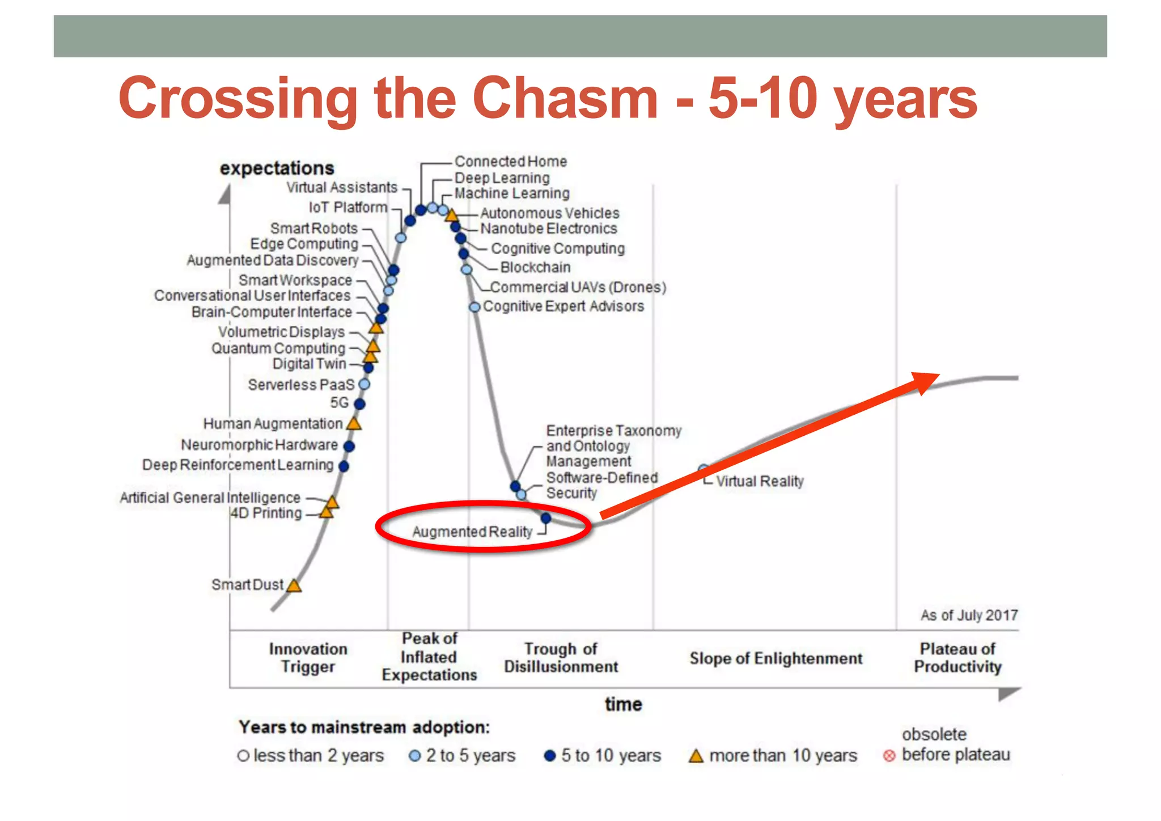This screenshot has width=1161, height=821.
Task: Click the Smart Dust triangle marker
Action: coord(294,586)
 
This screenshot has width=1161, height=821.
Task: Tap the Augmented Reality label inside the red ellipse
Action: coord(472,532)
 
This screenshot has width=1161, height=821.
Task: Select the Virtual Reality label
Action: coord(760,481)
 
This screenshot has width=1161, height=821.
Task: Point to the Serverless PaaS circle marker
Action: coord(365,384)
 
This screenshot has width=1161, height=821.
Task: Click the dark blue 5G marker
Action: coord(359,403)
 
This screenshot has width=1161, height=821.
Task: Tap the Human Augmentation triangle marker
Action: coord(354,424)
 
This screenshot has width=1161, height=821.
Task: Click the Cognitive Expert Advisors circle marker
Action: coord(474,307)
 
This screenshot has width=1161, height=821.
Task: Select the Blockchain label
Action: coord(535,267)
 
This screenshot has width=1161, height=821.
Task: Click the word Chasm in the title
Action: coord(565,99)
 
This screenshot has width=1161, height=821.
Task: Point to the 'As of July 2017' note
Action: coord(969,615)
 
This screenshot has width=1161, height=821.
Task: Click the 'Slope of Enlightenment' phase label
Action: coord(776,658)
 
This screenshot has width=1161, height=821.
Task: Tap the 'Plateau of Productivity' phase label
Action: coord(957,658)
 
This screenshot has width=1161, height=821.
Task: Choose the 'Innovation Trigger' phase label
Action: coord(308,658)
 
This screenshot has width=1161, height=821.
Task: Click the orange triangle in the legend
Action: coord(696,756)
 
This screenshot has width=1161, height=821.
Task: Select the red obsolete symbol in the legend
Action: coord(889,756)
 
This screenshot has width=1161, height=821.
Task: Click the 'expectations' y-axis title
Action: coord(277,168)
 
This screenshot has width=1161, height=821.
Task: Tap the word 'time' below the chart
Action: coord(623,704)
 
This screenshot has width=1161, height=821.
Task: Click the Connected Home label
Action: coord(510,162)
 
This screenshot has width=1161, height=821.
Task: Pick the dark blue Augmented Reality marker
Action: coord(546,518)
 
